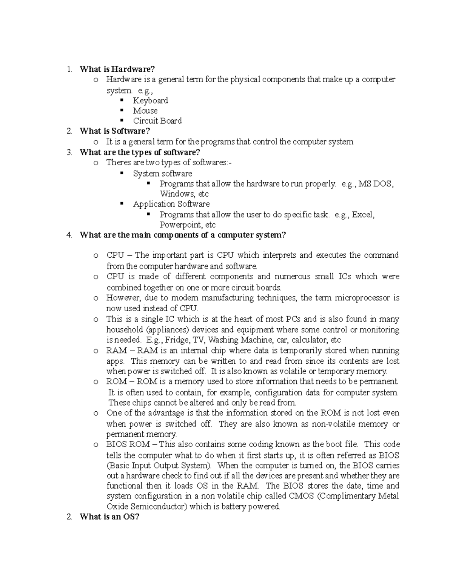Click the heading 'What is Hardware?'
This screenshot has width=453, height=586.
(x=117, y=69)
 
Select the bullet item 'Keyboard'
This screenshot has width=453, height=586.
(x=150, y=100)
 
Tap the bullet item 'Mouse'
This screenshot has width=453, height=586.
(x=145, y=111)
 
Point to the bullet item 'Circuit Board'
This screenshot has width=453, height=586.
(x=157, y=121)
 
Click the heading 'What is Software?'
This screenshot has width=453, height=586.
(x=115, y=131)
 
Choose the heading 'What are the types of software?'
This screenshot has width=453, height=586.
(x=140, y=152)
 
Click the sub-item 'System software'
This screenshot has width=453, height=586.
(x=162, y=174)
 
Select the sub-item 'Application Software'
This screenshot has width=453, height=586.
(x=171, y=204)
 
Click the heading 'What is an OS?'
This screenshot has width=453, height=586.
(x=109, y=517)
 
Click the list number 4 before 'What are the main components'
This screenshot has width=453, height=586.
(x=68, y=235)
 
